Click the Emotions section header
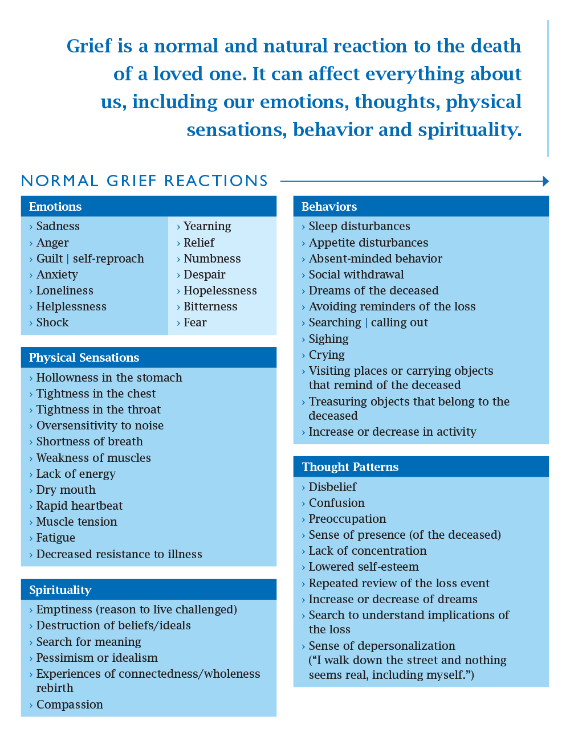pos(55,207)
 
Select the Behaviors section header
pos(329,207)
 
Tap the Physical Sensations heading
pos(84,358)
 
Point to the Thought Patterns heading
pos(350,467)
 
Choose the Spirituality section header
pos(60,590)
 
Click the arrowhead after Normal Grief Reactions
pos(545,181)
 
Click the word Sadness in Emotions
pos(58,226)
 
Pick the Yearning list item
pos(207,226)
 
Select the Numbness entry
pos(212,259)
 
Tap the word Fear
pos(195,322)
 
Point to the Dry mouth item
pos(66,490)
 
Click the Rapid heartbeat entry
pos(79,506)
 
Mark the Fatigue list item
pos(56,538)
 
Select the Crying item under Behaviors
pos(327,355)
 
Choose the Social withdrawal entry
pos(356,275)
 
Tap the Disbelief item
pos(332,487)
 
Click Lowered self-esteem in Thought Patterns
pos(364,567)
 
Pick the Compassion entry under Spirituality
pos(70,705)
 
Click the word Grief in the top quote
pos(89,46)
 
